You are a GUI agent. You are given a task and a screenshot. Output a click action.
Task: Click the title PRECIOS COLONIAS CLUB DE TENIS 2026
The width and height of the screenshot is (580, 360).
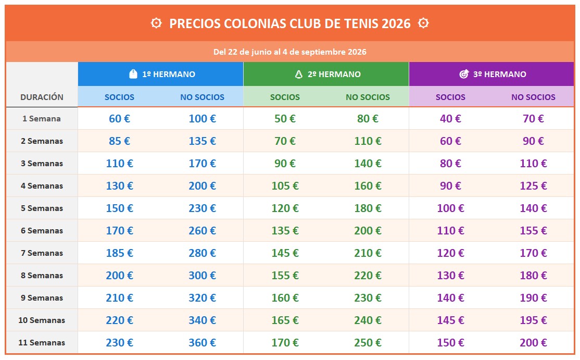[289, 23]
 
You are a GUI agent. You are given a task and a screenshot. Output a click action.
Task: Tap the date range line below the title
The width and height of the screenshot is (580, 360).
[289, 52]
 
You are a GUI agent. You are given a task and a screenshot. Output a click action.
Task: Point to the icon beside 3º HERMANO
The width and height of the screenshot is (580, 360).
[464, 74]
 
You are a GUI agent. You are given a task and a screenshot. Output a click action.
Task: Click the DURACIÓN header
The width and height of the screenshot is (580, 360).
[42, 97]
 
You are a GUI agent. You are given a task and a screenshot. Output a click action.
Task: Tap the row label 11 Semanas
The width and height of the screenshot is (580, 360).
[42, 342]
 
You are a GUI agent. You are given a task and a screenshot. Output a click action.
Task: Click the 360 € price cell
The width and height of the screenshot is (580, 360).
[202, 342]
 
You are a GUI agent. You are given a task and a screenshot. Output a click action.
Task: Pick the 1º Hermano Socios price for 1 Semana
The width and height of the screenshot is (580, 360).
[119, 118]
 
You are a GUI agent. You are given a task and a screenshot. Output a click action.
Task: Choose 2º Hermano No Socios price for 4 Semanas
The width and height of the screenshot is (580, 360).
[368, 185]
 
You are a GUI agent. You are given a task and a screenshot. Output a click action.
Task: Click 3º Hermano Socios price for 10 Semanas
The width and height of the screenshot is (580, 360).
[450, 320]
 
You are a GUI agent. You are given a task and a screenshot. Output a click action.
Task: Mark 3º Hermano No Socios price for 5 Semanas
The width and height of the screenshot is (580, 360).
[533, 208]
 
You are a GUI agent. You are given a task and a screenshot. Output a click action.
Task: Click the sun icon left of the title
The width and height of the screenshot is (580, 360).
[156, 23]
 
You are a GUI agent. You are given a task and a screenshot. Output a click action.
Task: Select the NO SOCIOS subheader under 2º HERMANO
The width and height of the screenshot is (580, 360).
[368, 97]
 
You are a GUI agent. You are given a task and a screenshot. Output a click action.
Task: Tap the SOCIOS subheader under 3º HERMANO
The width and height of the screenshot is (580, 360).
[450, 97]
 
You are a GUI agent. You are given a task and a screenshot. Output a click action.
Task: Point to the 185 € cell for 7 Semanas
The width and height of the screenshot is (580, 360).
[119, 253]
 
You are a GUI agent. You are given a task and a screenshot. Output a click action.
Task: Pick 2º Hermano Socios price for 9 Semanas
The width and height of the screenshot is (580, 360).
[285, 297]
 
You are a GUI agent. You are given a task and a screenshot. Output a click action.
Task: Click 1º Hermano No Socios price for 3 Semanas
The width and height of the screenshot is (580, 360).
[202, 163]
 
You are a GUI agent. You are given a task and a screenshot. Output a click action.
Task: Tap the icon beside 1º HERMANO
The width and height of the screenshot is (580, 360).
[133, 74]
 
